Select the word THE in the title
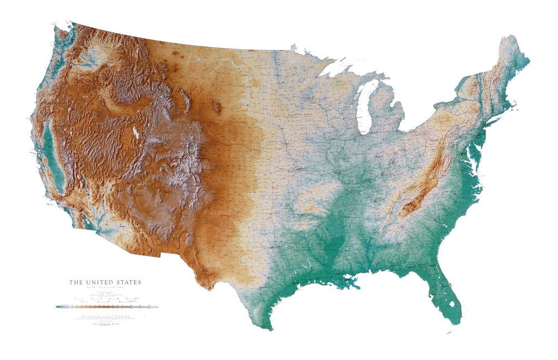pyautogui.click(x=75, y=282)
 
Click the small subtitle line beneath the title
pyautogui.click(x=105, y=288)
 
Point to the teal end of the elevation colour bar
pyautogui.click(x=59, y=306)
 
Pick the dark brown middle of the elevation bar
pyautogui.click(x=103, y=306)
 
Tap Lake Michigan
pyautogui.click(x=364, y=109)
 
